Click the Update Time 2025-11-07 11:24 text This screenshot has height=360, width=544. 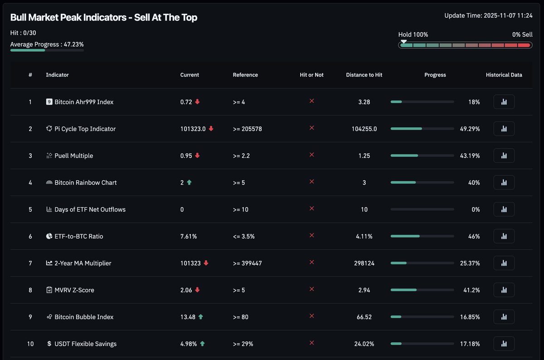pyautogui.click(x=488, y=16)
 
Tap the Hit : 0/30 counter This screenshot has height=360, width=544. pyautogui.click(x=23, y=33)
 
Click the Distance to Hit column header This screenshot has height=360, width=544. pyautogui.click(x=364, y=75)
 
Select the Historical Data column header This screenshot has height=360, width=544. pyautogui.click(x=504, y=75)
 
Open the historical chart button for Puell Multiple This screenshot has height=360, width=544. pyautogui.click(x=504, y=156)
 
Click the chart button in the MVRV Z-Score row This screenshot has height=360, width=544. pyautogui.click(x=504, y=290)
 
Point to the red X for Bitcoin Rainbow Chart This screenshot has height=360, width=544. pyautogui.click(x=312, y=182)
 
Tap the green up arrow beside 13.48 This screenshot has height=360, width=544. pyautogui.click(x=200, y=317)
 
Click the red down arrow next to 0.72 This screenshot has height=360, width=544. pyautogui.click(x=197, y=102)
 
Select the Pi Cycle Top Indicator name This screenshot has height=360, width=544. pyautogui.click(x=85, y=129)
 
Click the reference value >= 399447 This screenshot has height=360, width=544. pyautogui.click(x=247, y=263)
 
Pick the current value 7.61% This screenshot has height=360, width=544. pyautogui.click(x=189, y=236)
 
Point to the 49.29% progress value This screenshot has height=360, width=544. pyautogui.click(x=470, y=129)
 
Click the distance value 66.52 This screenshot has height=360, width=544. pyautogui.click(x=364, y=317)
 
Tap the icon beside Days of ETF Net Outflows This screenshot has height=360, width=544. pyautogui.click(x=49, y=209)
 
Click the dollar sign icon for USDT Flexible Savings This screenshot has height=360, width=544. pyautogui.click(x=49, y=344)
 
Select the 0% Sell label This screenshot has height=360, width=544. pyautogui.click(x=522, y=34)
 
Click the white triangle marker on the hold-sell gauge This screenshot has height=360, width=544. pyautogui.click(x=403, y=42)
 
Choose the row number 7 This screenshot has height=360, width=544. pyautogui.click(x=30, y=263)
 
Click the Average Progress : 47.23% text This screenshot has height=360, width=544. pyautogui.click(x=47, y=44)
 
